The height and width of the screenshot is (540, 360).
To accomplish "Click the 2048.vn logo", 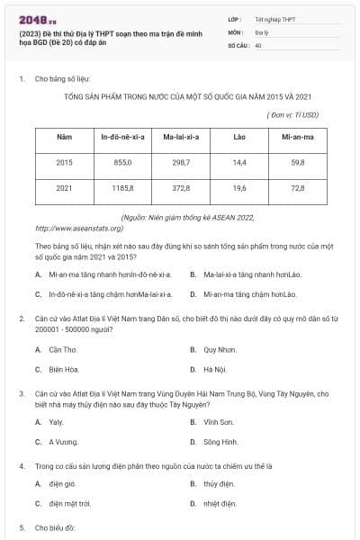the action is (x=37, y=19).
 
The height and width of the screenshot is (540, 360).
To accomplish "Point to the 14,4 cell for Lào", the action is (x=239, y=163).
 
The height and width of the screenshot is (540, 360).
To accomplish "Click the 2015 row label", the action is (x=64, y=163).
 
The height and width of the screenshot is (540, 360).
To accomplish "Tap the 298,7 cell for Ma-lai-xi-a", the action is (x=181, y=163).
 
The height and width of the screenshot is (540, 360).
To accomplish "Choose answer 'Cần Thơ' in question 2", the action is (x=63, y=349).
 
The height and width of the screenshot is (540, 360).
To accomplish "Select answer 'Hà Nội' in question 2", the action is (x=214, y=369).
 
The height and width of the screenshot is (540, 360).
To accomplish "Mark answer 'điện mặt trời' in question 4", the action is (x=72, y=504).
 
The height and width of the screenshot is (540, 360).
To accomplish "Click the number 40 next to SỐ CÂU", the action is (x=258, y=44).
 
